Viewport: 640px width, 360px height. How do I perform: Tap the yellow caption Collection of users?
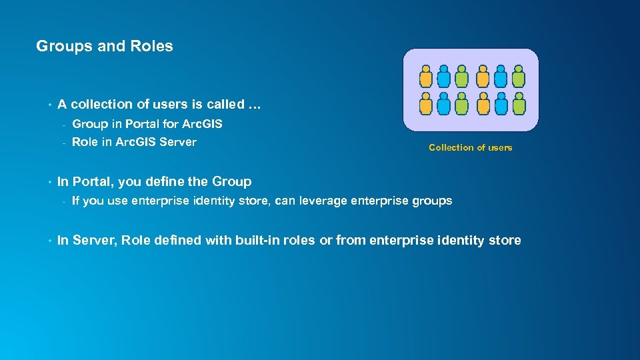click(x=470, y=148)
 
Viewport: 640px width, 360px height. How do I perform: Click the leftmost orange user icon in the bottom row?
click(x=426, y=103)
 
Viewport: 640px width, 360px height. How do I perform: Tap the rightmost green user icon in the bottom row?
click(x=519, y=103)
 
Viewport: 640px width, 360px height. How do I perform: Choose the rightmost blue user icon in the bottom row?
click(x=501, y=103)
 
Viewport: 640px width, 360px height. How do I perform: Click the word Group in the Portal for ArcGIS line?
click(x=88, y=124)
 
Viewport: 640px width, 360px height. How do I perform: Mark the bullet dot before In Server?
click(x=49, y=241)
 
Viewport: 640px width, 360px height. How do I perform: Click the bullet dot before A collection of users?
click(x=49, y=105)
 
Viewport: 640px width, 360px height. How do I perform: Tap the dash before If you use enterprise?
click(x=62, y=201)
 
